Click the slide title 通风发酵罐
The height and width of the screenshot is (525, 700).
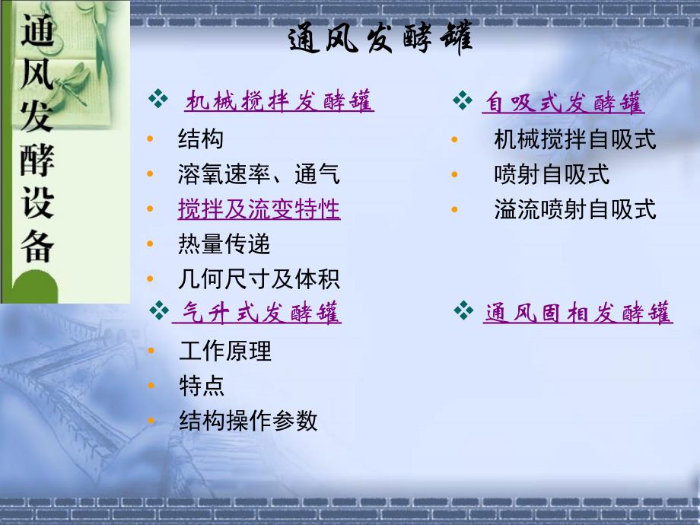[x=380, y=37]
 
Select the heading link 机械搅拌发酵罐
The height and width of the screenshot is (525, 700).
[x=279, y=100]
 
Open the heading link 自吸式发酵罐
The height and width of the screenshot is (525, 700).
[x=563, y=102]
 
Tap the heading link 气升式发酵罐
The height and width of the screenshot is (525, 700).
[x=258, y=312]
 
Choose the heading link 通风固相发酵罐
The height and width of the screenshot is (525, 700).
[x=577, y=312]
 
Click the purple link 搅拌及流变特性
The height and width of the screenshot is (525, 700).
[x=259, y=209]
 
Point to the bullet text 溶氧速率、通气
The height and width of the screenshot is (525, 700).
[x=259, y=173]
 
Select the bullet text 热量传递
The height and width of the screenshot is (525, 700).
[x=224, y=243]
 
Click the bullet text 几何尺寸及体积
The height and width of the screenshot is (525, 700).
[x=259, y=279]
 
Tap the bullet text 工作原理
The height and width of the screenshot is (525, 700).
[x=225, y=351]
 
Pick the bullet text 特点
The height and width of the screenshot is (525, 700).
[x=202, y=386]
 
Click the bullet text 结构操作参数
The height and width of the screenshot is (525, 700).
[x=248, y=421]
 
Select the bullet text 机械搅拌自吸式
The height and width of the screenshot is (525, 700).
[x=575, y=139]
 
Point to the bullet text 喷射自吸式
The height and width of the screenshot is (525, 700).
[x=552, y=174]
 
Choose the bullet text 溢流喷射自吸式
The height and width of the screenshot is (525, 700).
[x=575, y=209]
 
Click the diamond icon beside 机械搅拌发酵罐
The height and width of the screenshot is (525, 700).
[x=158, y=99]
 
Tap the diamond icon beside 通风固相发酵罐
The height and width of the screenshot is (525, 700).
[x=463, y=310]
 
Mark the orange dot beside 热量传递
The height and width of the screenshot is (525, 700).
[x=150, y=243]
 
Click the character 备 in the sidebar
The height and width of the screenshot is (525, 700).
[x=37, y=246]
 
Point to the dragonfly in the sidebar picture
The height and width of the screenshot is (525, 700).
[x=74, y=83]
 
